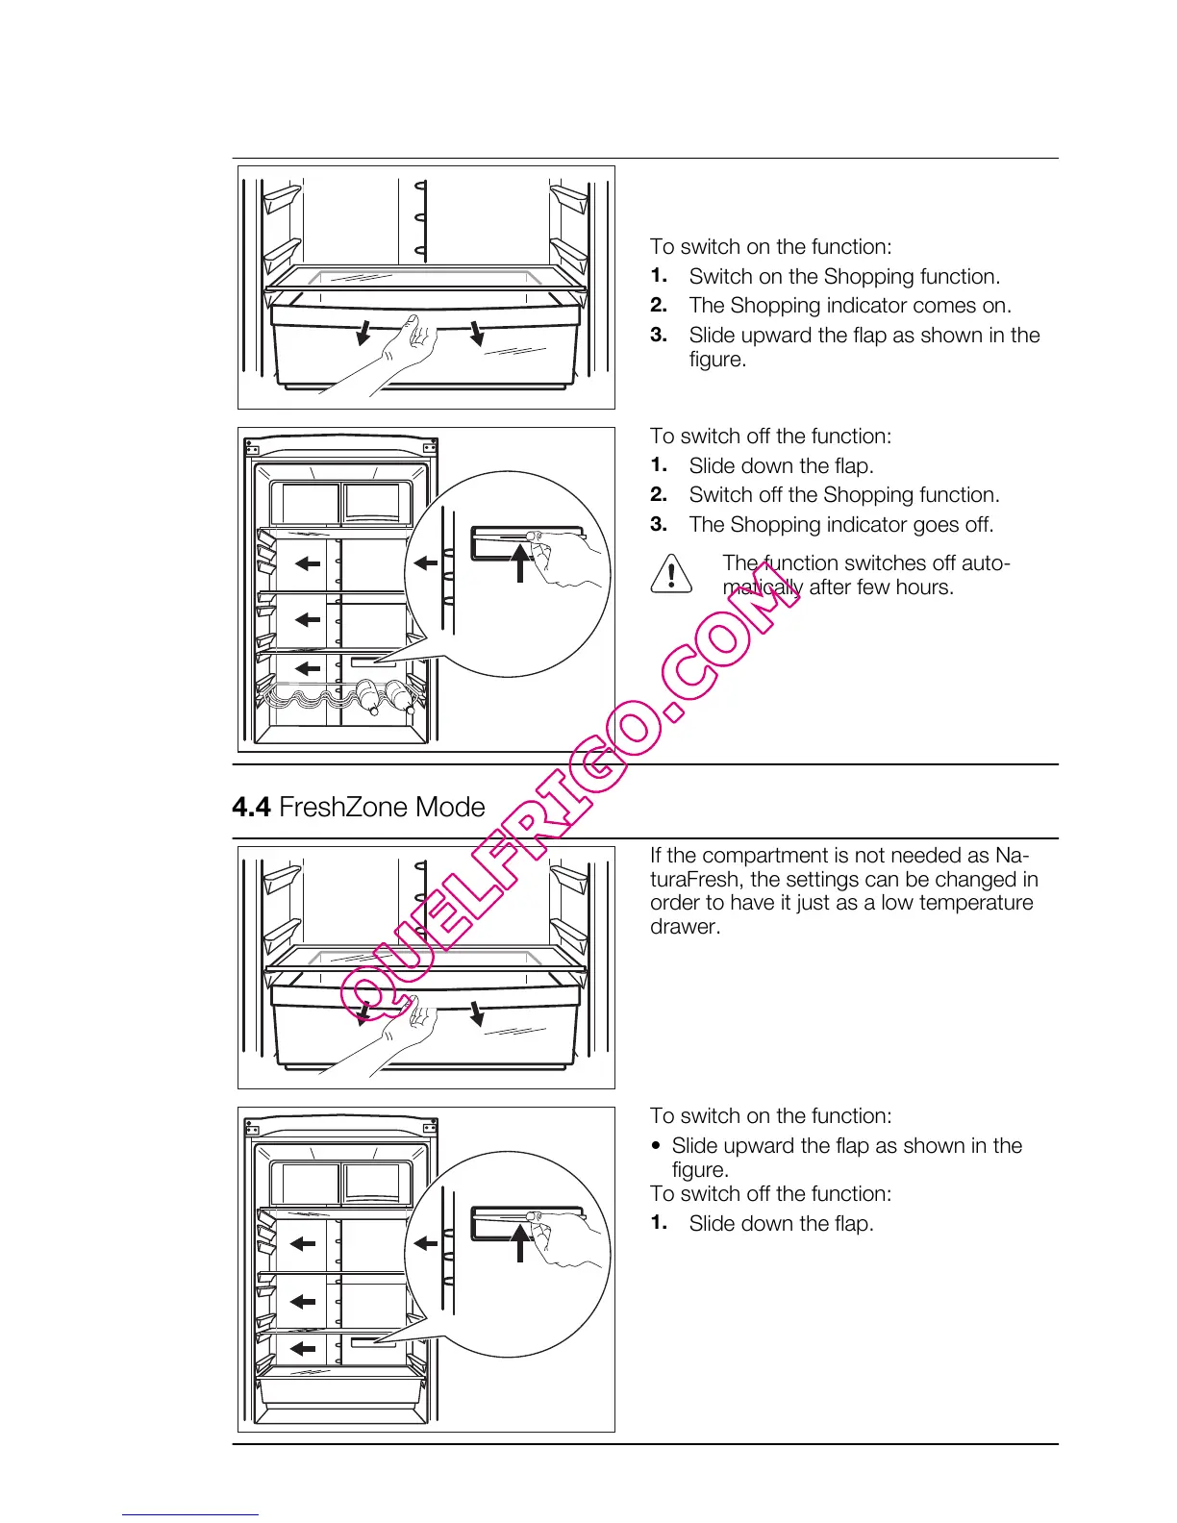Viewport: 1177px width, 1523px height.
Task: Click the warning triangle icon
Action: [x=671, y=573]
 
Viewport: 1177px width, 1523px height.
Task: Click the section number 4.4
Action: [x=251, y=807]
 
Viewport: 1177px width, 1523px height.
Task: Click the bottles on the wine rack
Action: [x=385, y=696]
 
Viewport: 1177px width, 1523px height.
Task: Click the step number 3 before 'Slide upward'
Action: [x=659, y=336]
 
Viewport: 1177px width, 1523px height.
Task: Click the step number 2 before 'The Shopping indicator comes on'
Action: [x=659, y=306]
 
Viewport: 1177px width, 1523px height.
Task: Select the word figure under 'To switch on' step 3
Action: [x=716, y=360]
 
